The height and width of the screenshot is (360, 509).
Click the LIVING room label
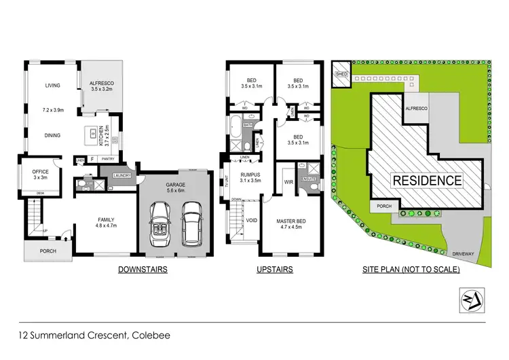[52, 86]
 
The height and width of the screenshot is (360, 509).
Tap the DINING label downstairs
[52, 135]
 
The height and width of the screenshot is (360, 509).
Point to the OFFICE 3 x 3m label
[40, 175]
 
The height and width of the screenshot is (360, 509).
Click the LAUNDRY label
[123, 175]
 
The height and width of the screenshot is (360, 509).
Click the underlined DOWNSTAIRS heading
[143, 270]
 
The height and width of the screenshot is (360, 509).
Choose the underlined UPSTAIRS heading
[274, 270]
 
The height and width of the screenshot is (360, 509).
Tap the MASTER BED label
[294, 225]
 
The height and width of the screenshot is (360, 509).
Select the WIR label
[288, 182]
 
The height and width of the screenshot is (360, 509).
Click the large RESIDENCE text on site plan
[427, 181]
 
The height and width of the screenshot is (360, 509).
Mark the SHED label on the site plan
[341, 73]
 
